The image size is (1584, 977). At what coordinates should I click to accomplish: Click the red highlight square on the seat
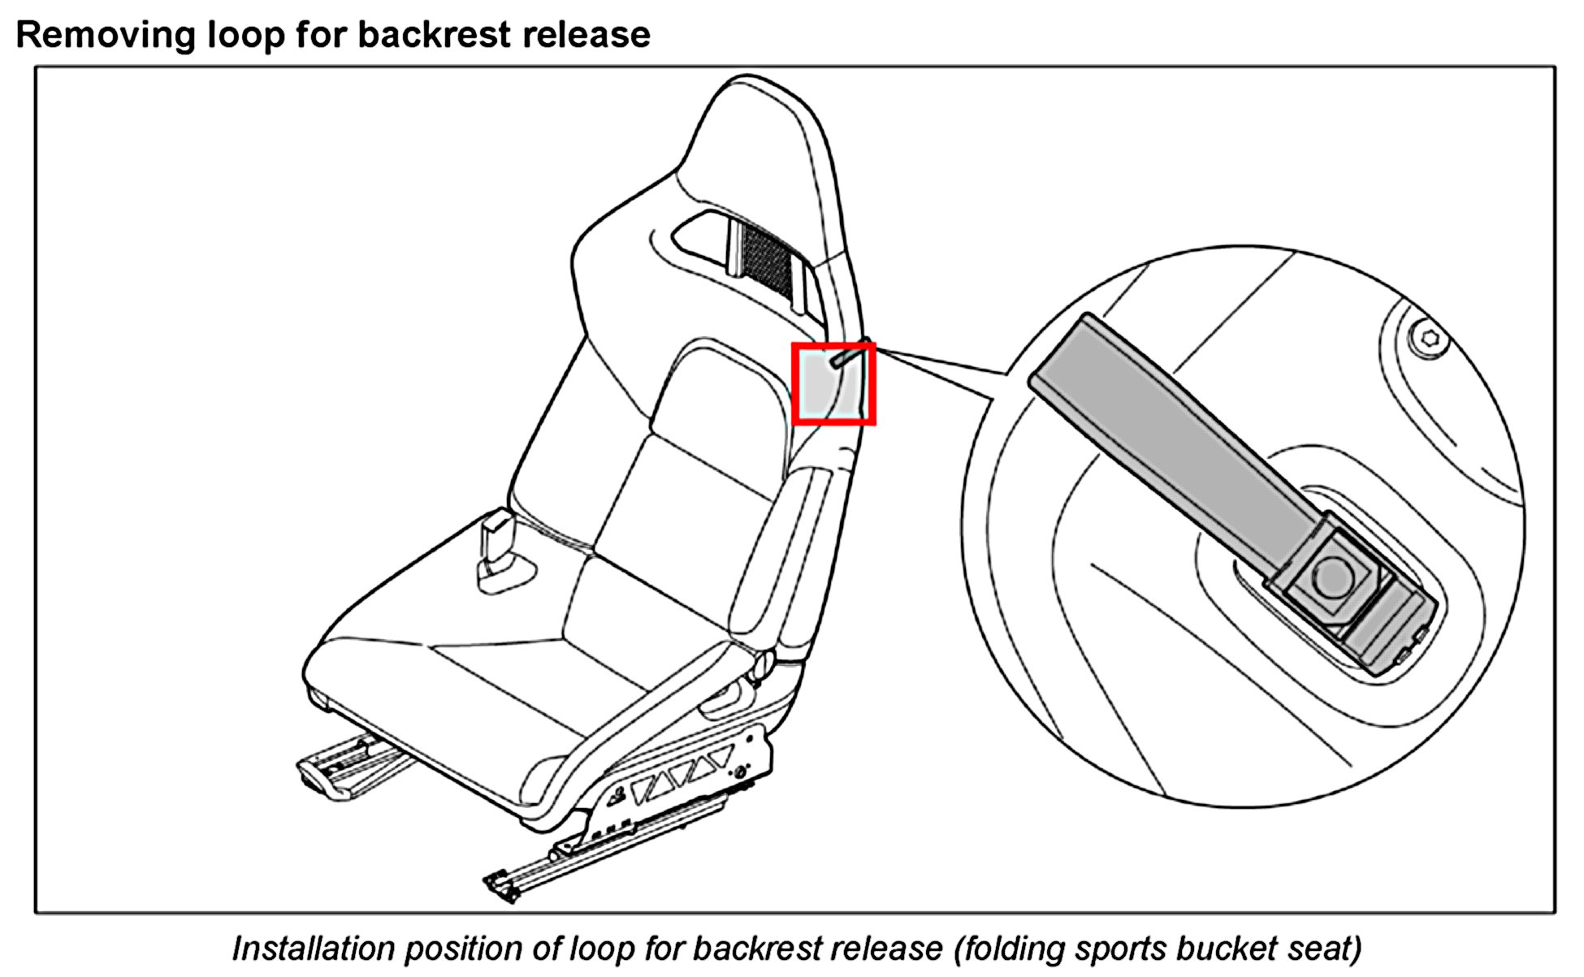833,383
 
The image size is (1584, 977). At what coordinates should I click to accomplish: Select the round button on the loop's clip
1333,576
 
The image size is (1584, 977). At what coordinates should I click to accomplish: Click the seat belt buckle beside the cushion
497,548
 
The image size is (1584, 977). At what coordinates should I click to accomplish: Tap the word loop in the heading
238,35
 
